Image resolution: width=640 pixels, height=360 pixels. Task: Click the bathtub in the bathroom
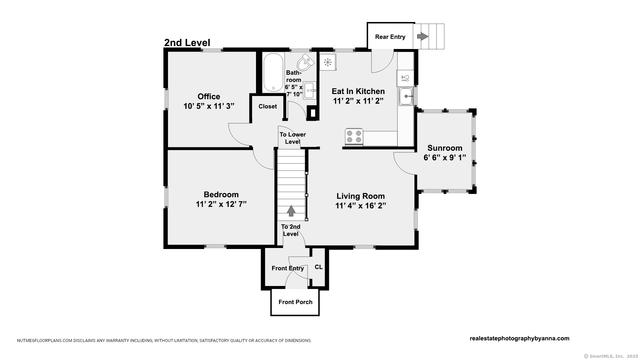click(273, 73)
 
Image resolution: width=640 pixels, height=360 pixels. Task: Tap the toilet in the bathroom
click(305, 62)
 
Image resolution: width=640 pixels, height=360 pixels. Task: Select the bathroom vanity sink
click(309, 90)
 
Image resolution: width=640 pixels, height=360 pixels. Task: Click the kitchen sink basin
click(406, 96)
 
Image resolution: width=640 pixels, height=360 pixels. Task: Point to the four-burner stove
click(354, 137)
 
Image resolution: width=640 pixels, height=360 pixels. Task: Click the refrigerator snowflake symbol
click(328, 62)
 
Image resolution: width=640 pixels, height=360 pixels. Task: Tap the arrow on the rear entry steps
click(423, 36)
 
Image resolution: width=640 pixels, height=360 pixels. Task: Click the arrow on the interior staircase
click(291, 211)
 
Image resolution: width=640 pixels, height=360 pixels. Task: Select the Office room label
click(209, 97)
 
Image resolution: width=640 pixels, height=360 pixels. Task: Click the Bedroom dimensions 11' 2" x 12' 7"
click(221, 204)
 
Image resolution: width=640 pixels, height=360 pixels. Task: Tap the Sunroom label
click(445, 148)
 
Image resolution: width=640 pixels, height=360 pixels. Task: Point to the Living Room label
click(361, 196)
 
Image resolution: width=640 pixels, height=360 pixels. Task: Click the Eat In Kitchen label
click(358, 91)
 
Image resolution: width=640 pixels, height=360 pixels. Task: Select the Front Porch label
click(296, 302)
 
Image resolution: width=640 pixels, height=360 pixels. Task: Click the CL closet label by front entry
click(319, 267)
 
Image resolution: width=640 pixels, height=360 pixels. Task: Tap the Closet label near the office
click(268, 106)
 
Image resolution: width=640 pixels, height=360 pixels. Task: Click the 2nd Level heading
click(187, 43)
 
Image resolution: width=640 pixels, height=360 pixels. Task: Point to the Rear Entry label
click(390, 37)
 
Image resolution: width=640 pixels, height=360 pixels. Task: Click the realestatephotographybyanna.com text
click(520, 339)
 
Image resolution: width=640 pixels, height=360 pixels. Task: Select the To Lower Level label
click(293, 138)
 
